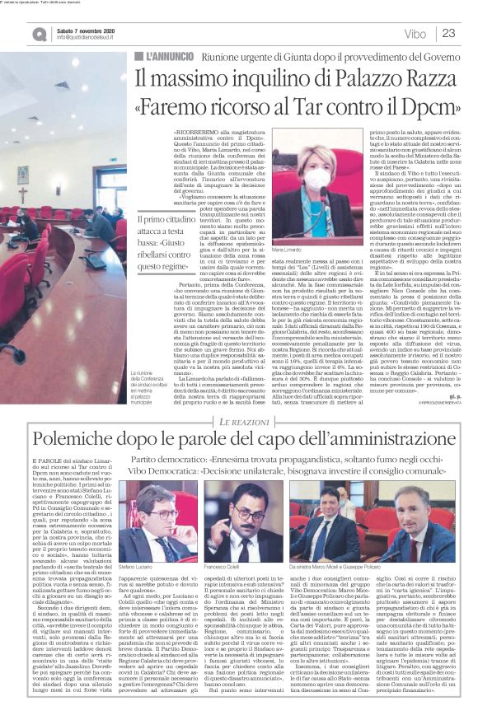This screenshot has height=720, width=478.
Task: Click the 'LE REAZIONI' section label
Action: point(244,399)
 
